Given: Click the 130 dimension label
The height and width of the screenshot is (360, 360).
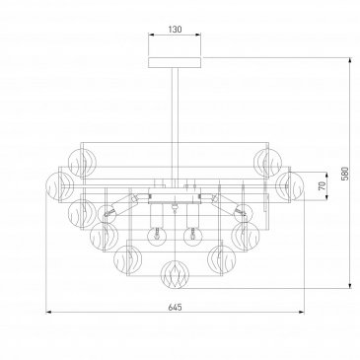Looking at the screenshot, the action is [x=175, y=30].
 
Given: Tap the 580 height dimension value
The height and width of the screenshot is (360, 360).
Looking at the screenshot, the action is [x=344, y=174].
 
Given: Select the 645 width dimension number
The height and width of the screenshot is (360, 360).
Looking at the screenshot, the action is [x=175, y=308].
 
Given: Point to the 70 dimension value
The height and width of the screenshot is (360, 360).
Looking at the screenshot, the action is [x=323, y=185].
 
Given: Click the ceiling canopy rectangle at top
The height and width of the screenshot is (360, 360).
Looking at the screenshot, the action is [x=175, y=62].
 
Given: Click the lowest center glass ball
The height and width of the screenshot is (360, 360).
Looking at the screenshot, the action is [x=176, y=275].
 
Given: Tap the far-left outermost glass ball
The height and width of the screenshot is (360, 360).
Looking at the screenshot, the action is [x=60, y=185].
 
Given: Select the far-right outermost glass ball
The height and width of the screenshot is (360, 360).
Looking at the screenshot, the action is [x=290, y=185].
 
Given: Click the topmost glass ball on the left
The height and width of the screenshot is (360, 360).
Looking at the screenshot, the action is [x=82, y=162].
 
